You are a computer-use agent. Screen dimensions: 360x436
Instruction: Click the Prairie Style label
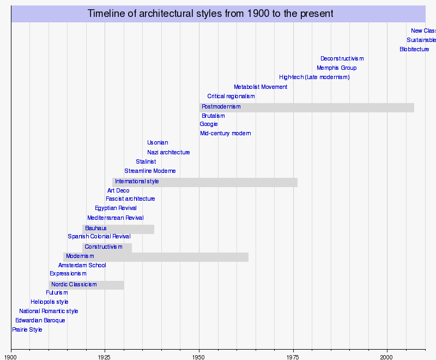27,330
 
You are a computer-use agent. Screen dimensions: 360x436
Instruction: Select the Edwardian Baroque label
40,321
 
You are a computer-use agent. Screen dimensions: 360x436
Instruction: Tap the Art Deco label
118,191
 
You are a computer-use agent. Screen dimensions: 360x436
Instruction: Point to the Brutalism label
213,116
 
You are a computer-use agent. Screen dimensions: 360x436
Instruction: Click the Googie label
209,124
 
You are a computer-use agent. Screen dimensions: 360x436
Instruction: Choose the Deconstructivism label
342,59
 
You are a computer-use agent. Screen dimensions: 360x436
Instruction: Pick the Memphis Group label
336,68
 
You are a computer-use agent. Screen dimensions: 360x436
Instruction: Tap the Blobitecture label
414,50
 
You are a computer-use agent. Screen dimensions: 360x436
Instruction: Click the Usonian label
158,143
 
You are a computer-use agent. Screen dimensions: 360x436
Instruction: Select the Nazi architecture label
168,153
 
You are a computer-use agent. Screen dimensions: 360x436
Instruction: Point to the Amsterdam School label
82,266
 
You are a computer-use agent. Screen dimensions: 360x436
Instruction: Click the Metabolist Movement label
261,87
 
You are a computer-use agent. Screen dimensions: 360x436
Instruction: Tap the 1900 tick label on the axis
11,357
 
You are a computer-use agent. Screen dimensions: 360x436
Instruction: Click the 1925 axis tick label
105,357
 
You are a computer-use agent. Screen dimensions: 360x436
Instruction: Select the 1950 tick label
199,357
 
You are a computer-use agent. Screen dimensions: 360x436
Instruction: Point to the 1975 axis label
293,357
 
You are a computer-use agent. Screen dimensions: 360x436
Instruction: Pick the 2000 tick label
387,357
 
